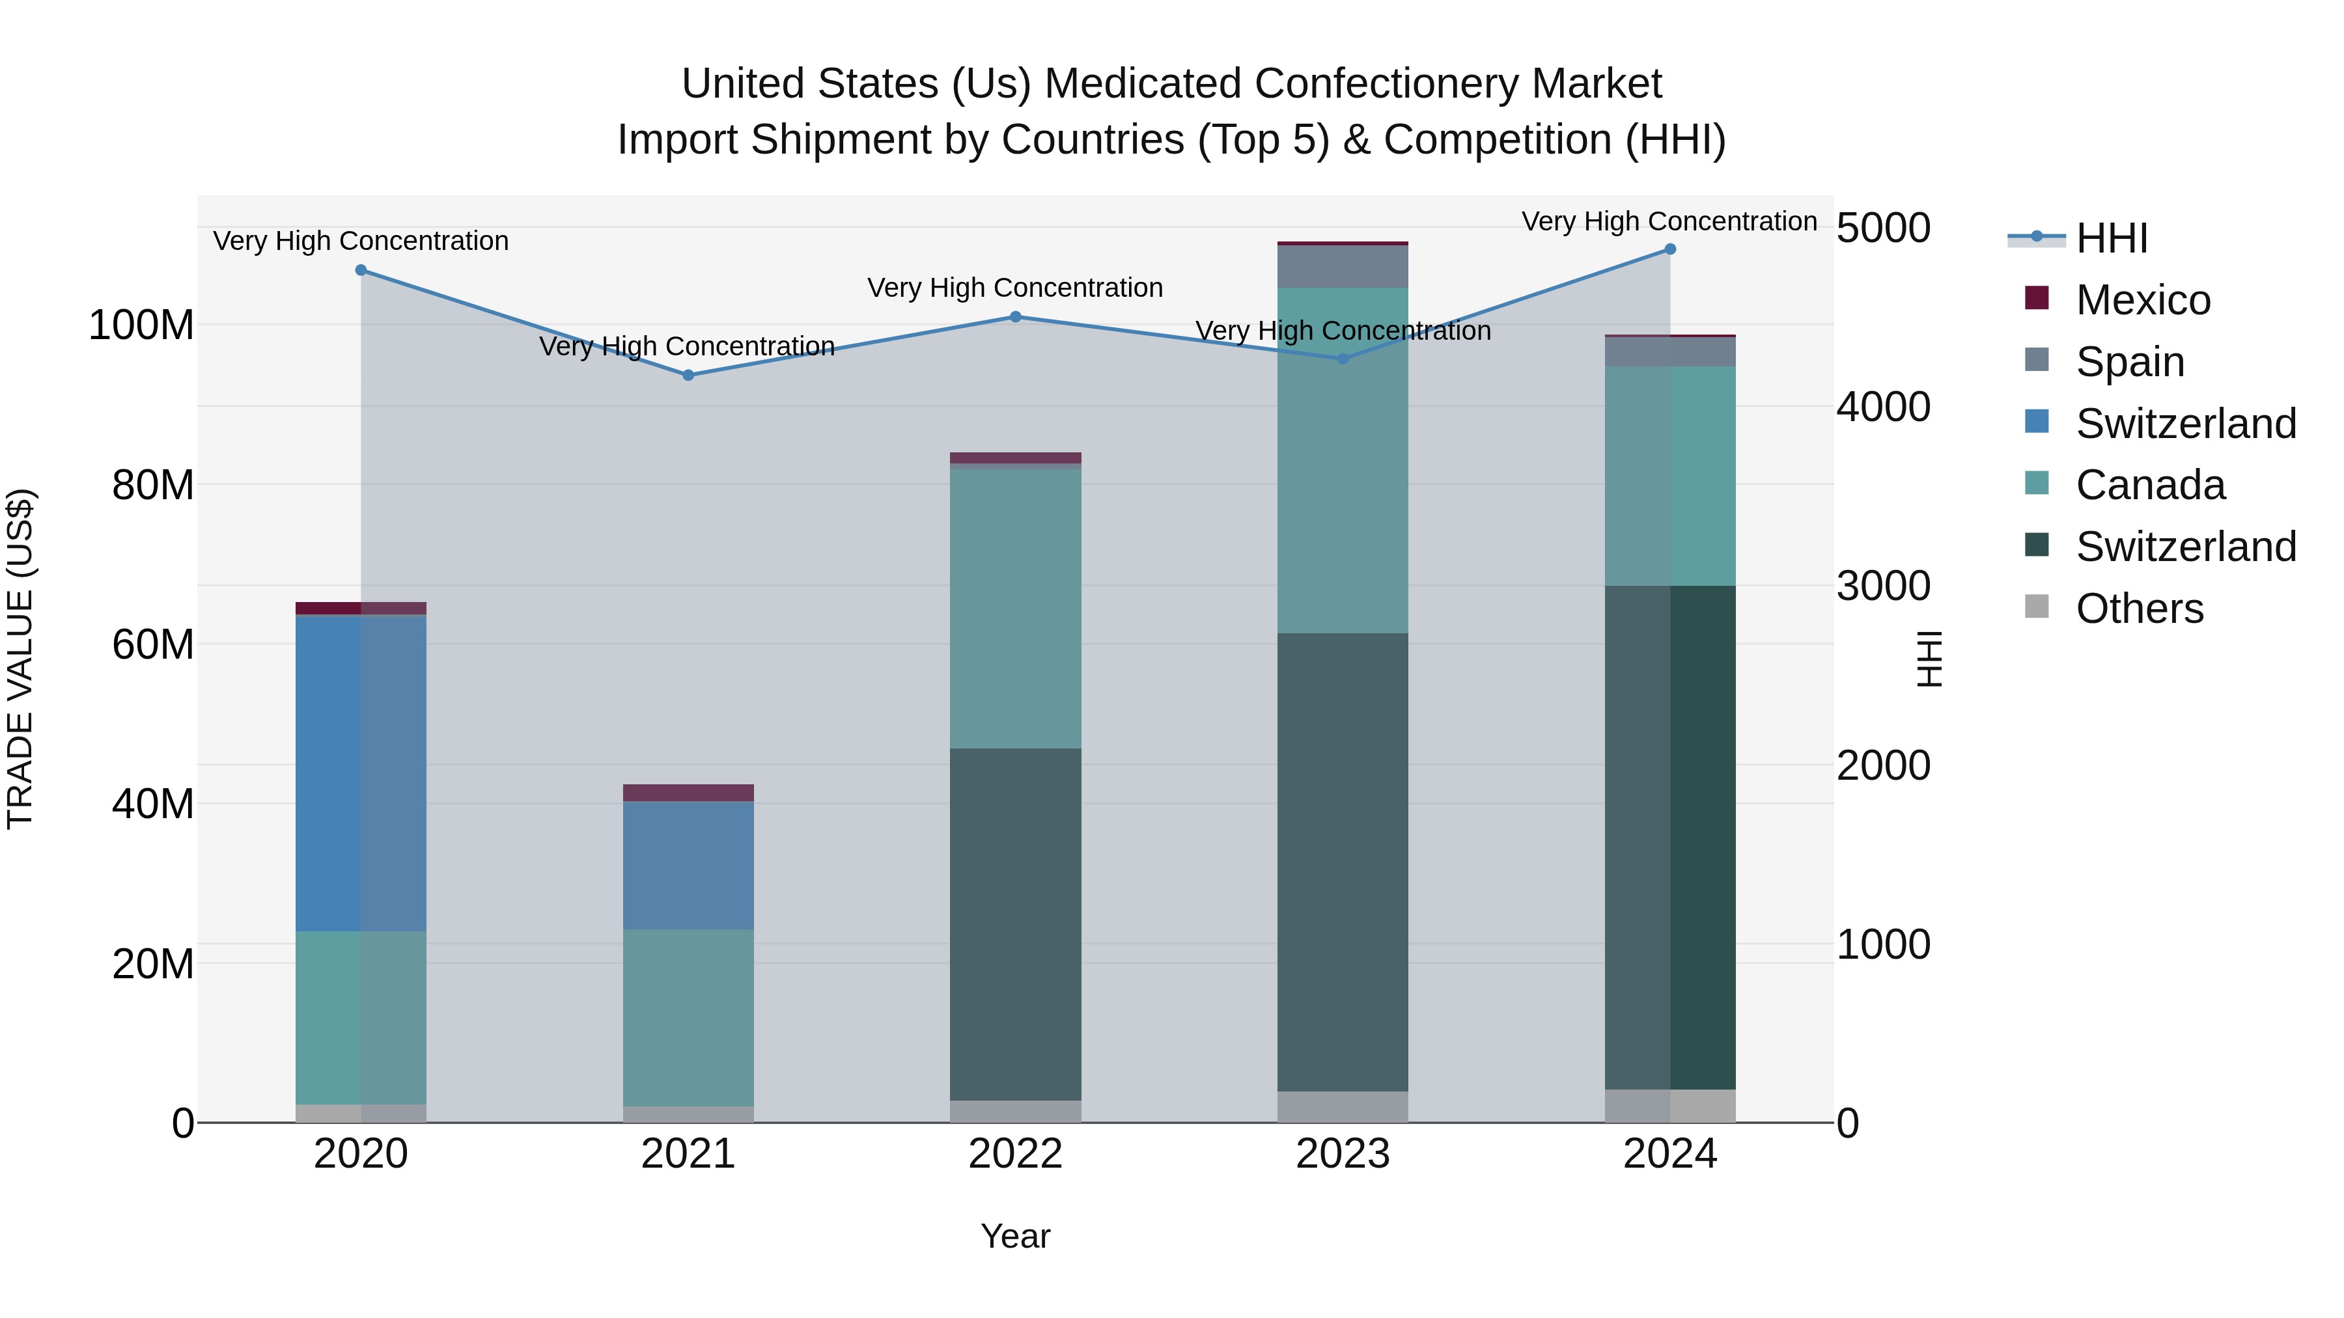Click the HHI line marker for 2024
[x=1669, y=249]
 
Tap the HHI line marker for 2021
[x=688, y=375]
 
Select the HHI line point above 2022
[x=1016, y=316]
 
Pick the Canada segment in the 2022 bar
[x=1016, y=609]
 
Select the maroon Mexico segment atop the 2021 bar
[x=688, y=792]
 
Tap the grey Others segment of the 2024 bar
[x=1669, y=1105]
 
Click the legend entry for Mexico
[x=2142, y=300]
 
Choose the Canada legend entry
[x=2149, y=485]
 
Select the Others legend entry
[x=2138, y=609]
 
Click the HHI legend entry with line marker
[x=2111, y=238]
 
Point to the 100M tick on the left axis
[x=141, y=325]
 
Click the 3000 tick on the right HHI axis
[x=1882, y=586]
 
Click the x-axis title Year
[x=1016, y=1236]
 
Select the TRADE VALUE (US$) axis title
[x=20, y=659]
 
